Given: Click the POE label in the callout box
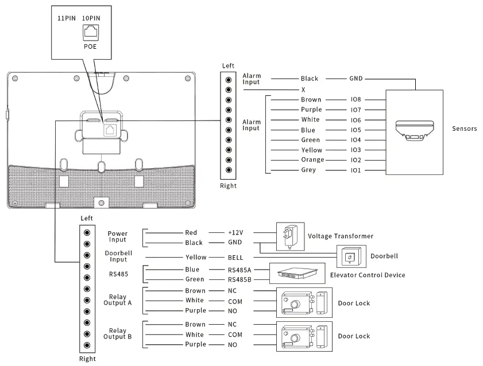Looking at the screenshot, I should [x=90, y=47].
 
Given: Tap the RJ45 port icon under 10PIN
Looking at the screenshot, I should [x=90, y=33].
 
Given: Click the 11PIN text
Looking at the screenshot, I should [x=67, y=18].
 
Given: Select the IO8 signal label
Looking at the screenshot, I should [x=356, y=99].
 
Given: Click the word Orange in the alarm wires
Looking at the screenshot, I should [x=312, y=160].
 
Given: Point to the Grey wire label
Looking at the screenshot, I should [x=308, y=170].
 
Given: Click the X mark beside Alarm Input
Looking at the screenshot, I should [x=303, y=89].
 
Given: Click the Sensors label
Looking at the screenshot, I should [x=464, y=129].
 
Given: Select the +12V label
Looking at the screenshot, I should [x=235, y=233].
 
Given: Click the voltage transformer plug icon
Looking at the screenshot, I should [x=289, y=236].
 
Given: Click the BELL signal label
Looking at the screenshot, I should [x=235, y=258].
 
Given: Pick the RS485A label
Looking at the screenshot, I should [x=239, y=270].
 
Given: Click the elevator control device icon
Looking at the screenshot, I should [x=297, y=273].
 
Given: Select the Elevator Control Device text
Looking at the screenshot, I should [x=368, y=275].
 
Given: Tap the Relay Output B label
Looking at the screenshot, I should [x=118, y=334].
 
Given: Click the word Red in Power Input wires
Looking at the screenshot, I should [x=191, y=233].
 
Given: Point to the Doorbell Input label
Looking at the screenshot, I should [x=118, y=256].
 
